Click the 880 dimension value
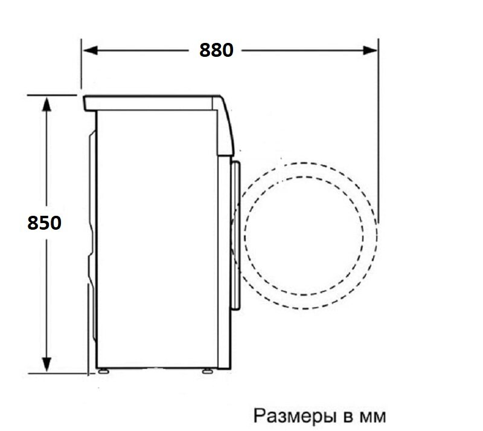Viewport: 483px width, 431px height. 216,50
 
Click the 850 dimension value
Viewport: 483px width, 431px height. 44,222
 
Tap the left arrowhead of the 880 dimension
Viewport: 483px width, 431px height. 90,50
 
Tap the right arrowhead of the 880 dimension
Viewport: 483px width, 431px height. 370,50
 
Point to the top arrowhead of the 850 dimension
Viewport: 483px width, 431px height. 46,105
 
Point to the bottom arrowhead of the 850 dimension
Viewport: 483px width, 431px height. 46,365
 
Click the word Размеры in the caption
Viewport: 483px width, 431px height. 295,416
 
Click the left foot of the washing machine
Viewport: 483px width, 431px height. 103,371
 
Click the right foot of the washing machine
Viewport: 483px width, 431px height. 207,371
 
